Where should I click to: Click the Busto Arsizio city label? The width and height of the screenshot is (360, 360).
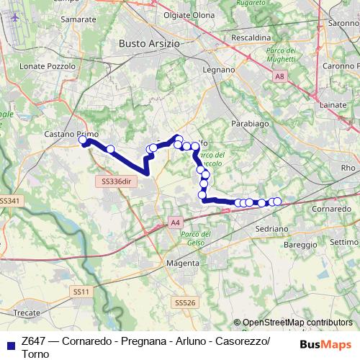pyautogui.click(x=150, y=43)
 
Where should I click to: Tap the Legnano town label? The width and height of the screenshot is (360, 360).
pyautogui.click(x=220, y=70)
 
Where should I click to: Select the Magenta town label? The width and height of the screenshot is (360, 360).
pyautogui.click(x=183, y=263)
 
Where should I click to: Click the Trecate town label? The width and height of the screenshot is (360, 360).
pyautogui.click(x=27, y=313)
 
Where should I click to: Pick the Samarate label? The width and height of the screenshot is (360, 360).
pyautogui.click(x=81, y=19)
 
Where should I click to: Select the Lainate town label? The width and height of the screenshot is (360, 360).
pyautogui.click(x=336, y=105)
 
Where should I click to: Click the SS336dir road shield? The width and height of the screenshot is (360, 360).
pyautogui.click(x=117, y=181)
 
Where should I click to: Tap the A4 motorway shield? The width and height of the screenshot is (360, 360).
pyautogui.click(x=176, y=223)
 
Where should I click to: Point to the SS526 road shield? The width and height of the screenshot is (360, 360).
pyautogui.click(x=185, y=303)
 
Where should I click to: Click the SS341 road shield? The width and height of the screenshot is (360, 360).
pyautogui.click(x=9, y=200)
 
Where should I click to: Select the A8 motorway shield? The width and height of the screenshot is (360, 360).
pyautogui.click(x=279, y=76)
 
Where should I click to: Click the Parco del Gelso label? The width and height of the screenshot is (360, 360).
pyautogui.click(x=195, y=240)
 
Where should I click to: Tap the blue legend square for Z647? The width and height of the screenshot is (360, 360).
pyautogui.click(x=9, y=344)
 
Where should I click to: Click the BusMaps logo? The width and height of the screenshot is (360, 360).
pyautogui.click(x=325, y=344)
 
